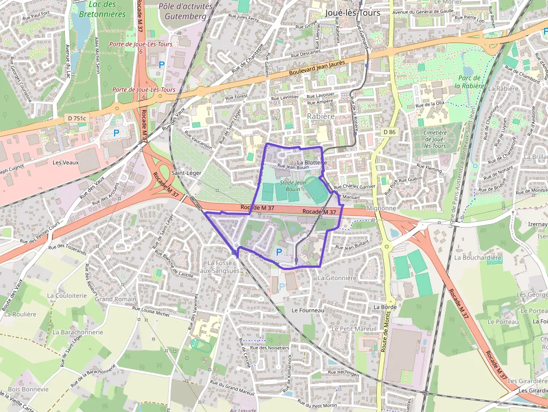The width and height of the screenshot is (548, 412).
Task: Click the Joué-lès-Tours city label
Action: tap(352, 12)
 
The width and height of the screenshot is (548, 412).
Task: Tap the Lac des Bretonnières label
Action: tap(102, 9)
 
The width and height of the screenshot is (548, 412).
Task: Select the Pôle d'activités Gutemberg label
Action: tap(185, 11)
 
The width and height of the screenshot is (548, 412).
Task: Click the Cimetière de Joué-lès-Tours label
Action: tap(435, 139)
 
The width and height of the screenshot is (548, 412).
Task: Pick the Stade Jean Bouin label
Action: tap(293, 186)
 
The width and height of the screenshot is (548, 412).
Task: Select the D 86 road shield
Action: tap(389, 132)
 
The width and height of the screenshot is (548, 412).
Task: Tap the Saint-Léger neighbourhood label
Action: tap(186, 173)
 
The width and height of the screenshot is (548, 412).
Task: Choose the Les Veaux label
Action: tap(65, 163)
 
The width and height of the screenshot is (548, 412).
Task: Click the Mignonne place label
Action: tap(381, 208)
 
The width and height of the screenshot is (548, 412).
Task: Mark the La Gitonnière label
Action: tap(337, 278)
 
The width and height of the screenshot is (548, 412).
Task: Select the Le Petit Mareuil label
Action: tap(354, 329)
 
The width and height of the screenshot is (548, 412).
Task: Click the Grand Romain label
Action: tap(116, 299)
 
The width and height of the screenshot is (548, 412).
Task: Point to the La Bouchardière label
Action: tap(478, 258)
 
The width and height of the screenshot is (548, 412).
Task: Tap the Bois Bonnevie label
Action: tap(28, 389)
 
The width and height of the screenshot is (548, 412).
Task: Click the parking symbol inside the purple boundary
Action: tap(278, 252)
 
